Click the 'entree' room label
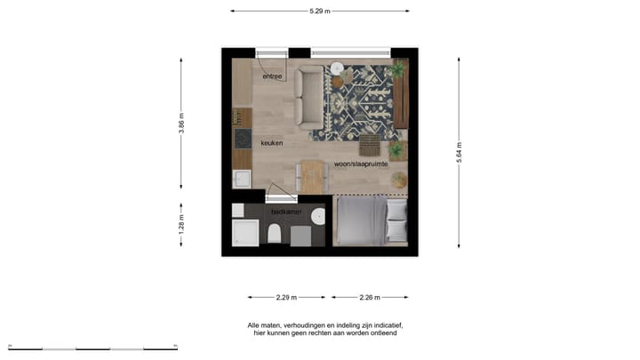[272, 77]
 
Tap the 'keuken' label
[272, 142]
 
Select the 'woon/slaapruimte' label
[359, 164]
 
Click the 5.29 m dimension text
[320, 11]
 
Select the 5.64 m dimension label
[460, 152]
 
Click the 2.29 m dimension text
[285, 297]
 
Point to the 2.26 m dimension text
[370, 297]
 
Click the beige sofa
[310, 96]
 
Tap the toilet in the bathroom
[274, 234]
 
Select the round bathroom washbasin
[318, 215]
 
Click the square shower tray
[244, 233]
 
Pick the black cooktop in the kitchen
[242, 138]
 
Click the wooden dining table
[310, 175]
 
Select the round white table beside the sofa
[338, 68]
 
